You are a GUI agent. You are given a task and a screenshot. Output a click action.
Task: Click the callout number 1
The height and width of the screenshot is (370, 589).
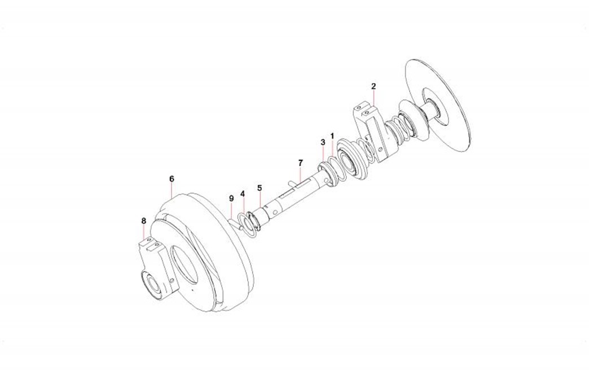pos(332,135)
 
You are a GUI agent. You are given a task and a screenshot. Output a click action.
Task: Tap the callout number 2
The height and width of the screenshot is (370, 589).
pos(373,86)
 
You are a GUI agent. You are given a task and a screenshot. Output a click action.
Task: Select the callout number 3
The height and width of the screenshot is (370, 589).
pos(323,142)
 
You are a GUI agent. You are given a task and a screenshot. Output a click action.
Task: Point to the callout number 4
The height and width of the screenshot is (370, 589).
pos(243,194)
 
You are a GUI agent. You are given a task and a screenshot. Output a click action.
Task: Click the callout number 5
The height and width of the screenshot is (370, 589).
pos(260,188)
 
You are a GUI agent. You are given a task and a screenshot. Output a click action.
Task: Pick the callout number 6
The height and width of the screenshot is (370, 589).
pos(172,179)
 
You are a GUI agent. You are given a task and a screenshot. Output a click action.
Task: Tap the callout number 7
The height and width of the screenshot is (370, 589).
pos(300,163)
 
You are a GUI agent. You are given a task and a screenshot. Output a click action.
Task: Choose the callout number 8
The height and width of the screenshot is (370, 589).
pos(143,221)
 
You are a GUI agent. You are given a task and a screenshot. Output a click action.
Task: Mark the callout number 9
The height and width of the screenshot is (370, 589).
pos(231,198)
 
